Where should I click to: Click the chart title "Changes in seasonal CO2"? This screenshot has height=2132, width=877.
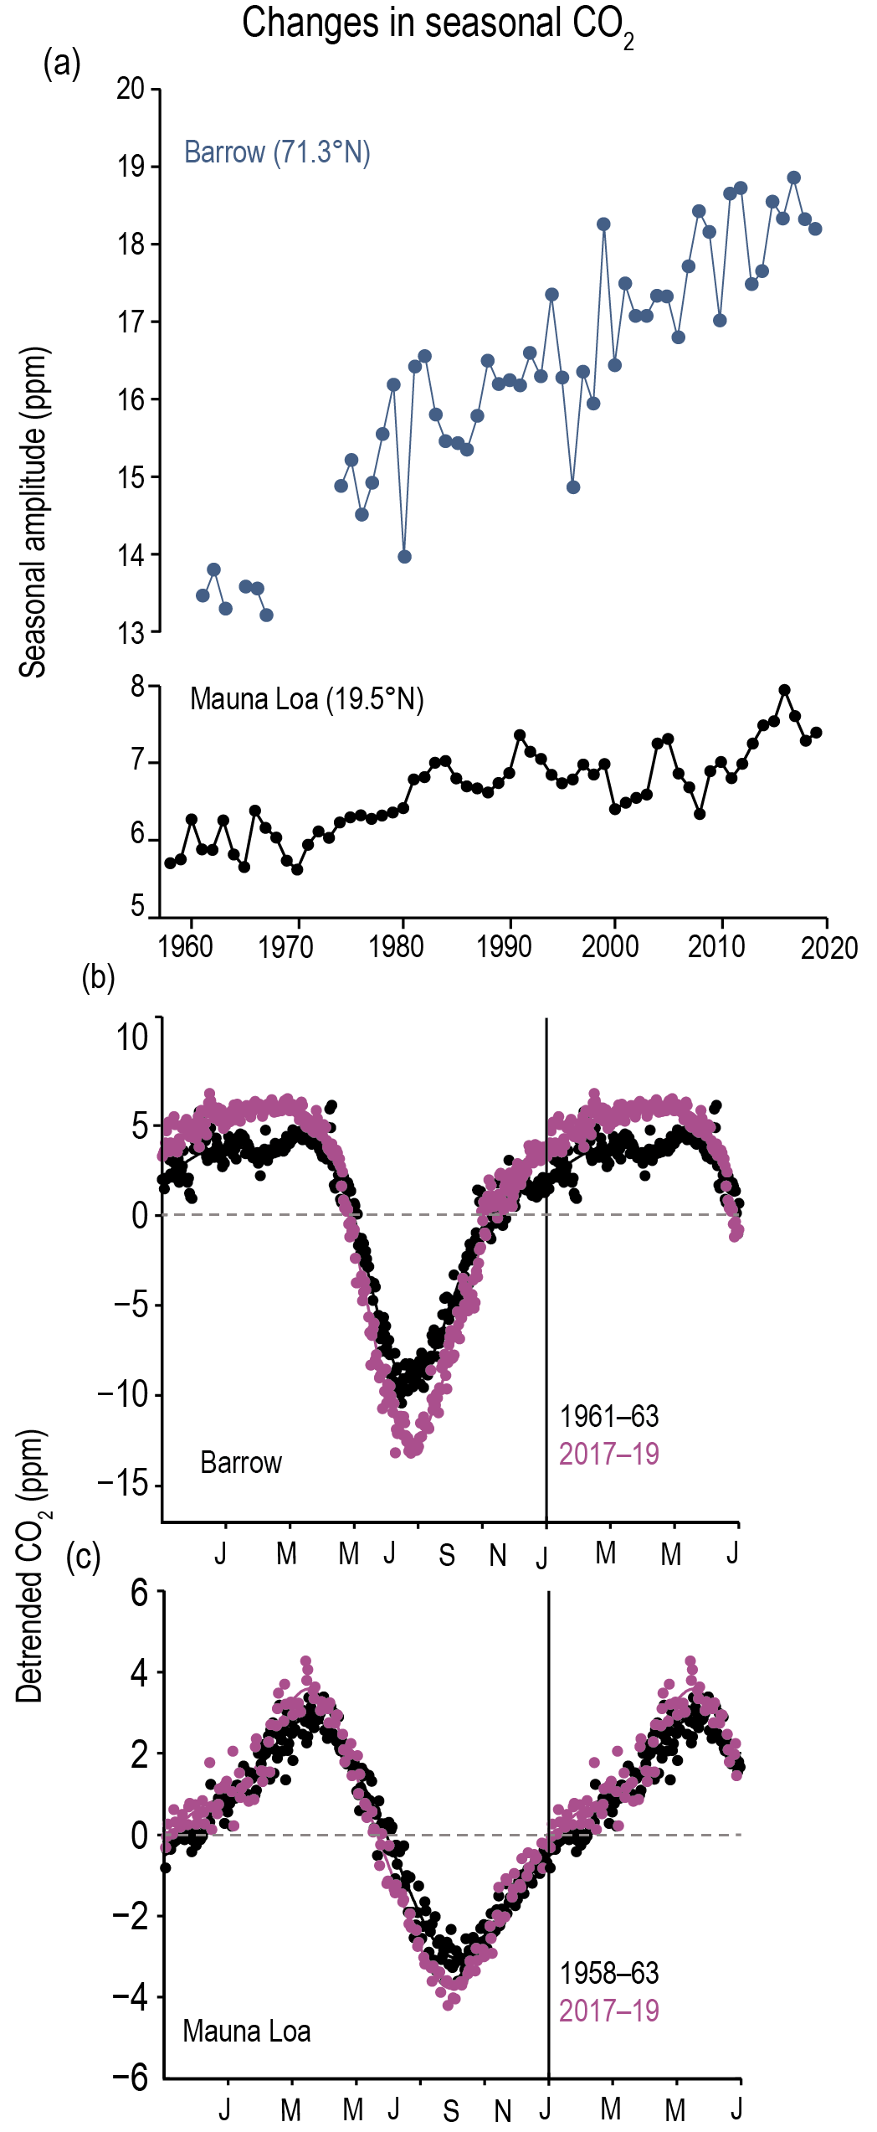[x=437, y=24]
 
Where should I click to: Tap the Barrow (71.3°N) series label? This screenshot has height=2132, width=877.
[x=277, y=152]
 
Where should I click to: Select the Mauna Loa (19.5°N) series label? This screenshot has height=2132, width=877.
[x=306, y=698]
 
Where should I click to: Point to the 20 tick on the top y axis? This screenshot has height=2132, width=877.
[x=131, y=88]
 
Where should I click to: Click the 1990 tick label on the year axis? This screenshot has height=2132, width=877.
[x=504, y=946]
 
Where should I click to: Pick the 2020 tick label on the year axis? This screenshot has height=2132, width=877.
[x=828, y=948]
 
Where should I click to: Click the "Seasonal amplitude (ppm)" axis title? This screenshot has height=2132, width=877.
[x=33, y=512]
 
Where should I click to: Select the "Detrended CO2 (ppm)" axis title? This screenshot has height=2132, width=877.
[x=32, y=1566]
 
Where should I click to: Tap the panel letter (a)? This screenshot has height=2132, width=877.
[x=62, y=64]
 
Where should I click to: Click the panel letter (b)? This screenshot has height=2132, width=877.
[x=98, y=977]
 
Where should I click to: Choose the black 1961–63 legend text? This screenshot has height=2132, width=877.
[x=608, y=1416]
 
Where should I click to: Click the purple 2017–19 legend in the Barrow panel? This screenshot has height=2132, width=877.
[x=608, y=1454]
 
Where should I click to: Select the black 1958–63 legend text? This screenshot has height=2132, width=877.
[x=608, y=1973]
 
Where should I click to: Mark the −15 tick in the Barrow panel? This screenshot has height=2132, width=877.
[x=122, y=1483]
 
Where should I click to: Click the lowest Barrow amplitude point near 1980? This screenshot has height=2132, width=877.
[x=404, y=557]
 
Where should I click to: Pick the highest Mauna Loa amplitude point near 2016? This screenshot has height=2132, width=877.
[x=784, y=690]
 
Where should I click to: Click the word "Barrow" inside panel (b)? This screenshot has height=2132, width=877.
[x=241, y=1462]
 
